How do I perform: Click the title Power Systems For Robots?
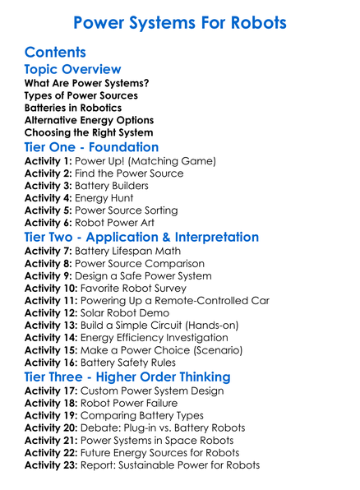pyautogui.click(x=179, y=22)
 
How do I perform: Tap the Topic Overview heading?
pyautogui.click(x=73, y=70)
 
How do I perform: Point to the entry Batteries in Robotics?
pyautogui.click(x=73, y=108)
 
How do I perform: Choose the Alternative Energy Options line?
pyautogui.click(x=89, y=120)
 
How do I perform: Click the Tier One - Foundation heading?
pyautogui.click(x=91, y=146)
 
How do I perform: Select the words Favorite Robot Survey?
pyautogui.click(x=140, y=288)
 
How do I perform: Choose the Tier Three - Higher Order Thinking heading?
pyautogui.click(x=127, y=377)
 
